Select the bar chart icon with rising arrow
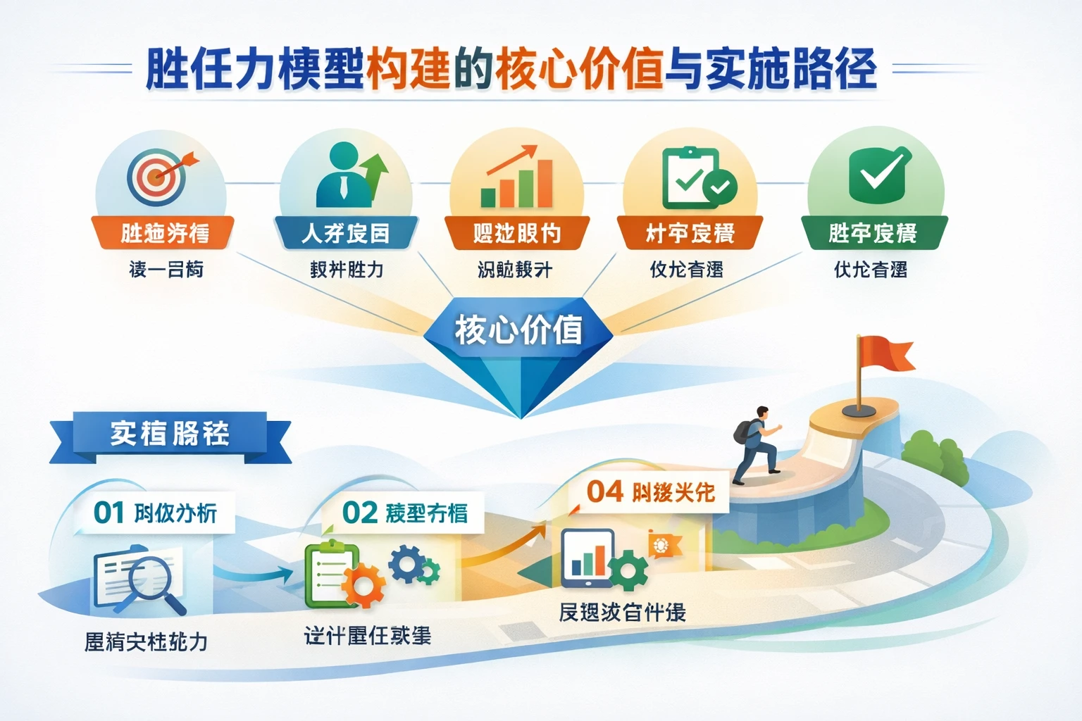click(517, 177)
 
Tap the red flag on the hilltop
click(883, 355)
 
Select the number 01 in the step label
click(108, 513)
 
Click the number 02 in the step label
click(359, 513)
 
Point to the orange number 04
click(605, 491)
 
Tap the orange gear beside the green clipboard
click(363, 584)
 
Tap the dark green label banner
click(873, 233)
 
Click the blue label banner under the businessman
click(345, 233)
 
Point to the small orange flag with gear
click(664, 546)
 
